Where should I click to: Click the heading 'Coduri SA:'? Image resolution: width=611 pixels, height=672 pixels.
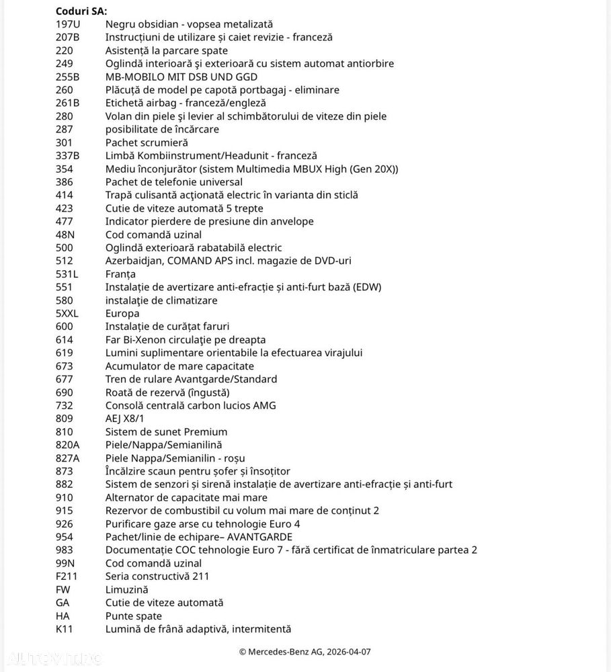coord(81,11)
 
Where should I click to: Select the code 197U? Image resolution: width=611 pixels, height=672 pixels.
coord(67,24)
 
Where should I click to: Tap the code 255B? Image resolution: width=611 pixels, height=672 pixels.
coord(67,77)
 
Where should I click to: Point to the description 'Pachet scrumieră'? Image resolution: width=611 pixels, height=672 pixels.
coord(147,142)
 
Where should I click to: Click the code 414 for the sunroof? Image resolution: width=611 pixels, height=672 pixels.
coord(65,195)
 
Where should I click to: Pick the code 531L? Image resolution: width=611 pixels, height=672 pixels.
coord(67,274)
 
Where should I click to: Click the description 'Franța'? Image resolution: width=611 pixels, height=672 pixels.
coord(120,274)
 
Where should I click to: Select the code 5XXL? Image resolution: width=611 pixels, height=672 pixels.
coord(68,313)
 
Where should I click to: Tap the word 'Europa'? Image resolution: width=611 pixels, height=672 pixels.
coord(122,313)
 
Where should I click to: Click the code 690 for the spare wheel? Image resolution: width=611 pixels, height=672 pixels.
coord(65,392)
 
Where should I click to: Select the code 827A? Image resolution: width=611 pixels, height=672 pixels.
coord(68,458)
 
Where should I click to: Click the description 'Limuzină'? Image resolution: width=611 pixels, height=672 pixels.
coord(126,589)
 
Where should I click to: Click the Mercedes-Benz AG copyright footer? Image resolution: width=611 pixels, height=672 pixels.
coord(304,652)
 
